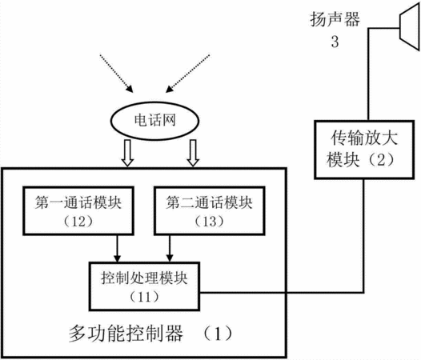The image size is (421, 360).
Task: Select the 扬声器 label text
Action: [335, 19]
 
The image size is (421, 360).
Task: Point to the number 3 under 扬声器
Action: [335, 42]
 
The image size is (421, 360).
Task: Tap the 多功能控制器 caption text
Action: [126, 334]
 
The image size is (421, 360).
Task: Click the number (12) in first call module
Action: [78, 222]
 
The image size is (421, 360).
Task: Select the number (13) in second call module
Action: [210, 222]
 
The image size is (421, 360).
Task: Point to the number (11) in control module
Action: [144, 297]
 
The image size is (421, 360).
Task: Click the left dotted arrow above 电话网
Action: [117, 74]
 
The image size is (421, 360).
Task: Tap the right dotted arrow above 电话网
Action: [187, 74]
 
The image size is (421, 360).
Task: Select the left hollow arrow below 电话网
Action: [127, 153]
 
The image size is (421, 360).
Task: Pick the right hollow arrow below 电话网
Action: [193, 153]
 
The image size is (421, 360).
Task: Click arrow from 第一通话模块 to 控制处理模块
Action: [117, 249]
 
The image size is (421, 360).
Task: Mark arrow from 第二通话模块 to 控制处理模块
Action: [170, 249]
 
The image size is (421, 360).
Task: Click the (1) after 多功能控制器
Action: [218, 334]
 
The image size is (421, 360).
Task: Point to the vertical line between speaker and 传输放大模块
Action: [368, 74]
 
